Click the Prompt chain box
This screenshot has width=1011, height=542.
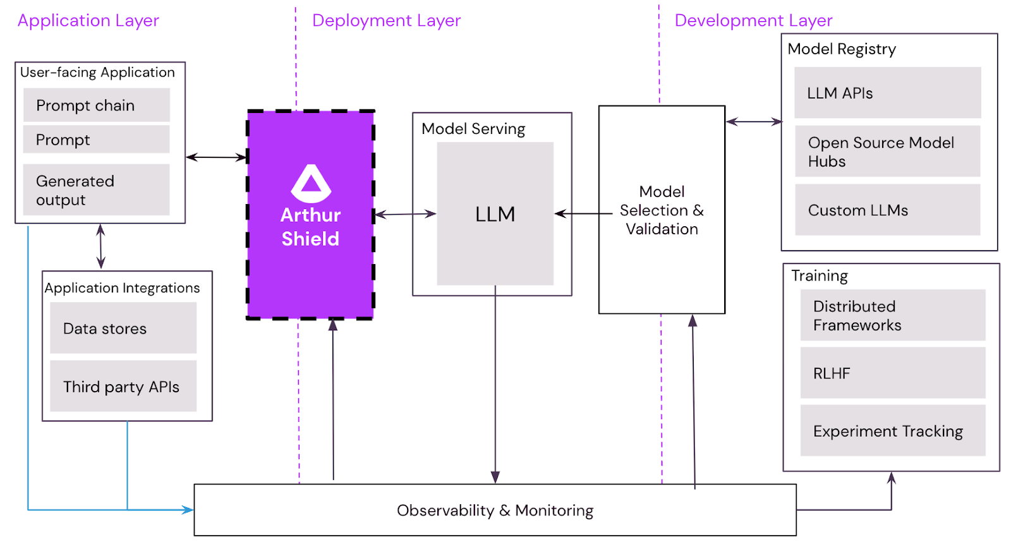96,105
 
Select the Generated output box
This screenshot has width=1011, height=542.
96,190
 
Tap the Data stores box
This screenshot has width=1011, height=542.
123,328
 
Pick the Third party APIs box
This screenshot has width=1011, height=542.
123,386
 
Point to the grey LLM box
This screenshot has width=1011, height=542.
495,214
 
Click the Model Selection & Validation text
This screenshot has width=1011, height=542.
662,210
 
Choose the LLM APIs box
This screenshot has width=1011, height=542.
887,93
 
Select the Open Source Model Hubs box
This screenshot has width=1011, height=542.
887,152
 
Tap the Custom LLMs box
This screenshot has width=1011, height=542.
887,210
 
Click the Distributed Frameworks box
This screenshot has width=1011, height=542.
892,315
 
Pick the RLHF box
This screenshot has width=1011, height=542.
892,373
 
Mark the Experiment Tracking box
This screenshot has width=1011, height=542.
892,431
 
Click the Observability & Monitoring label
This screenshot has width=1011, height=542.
495,510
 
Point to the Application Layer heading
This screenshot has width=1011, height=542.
88,20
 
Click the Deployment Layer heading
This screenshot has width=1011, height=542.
386,20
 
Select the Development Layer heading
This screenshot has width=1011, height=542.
753,20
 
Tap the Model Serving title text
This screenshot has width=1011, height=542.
473,129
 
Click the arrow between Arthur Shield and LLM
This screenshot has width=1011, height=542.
405,214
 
